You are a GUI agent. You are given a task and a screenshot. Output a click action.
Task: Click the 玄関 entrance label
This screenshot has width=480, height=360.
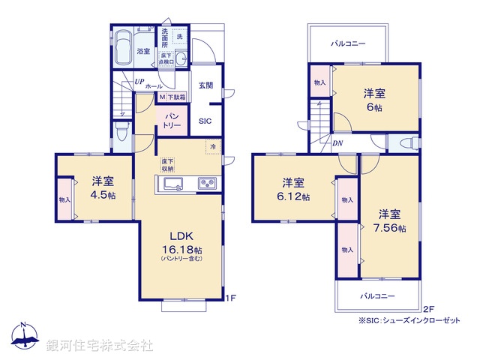205,85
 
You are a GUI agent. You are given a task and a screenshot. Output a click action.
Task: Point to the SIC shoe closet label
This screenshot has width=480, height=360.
205,121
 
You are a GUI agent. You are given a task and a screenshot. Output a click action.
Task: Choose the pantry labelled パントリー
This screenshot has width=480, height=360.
170,119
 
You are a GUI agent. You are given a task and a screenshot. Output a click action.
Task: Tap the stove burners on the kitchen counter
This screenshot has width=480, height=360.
206,184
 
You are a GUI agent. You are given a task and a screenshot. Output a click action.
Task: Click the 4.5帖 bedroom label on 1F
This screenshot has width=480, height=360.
103,187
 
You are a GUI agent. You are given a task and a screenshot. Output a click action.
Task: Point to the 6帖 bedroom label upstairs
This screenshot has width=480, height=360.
375,100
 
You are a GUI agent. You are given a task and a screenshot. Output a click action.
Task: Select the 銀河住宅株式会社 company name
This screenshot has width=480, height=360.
100,345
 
